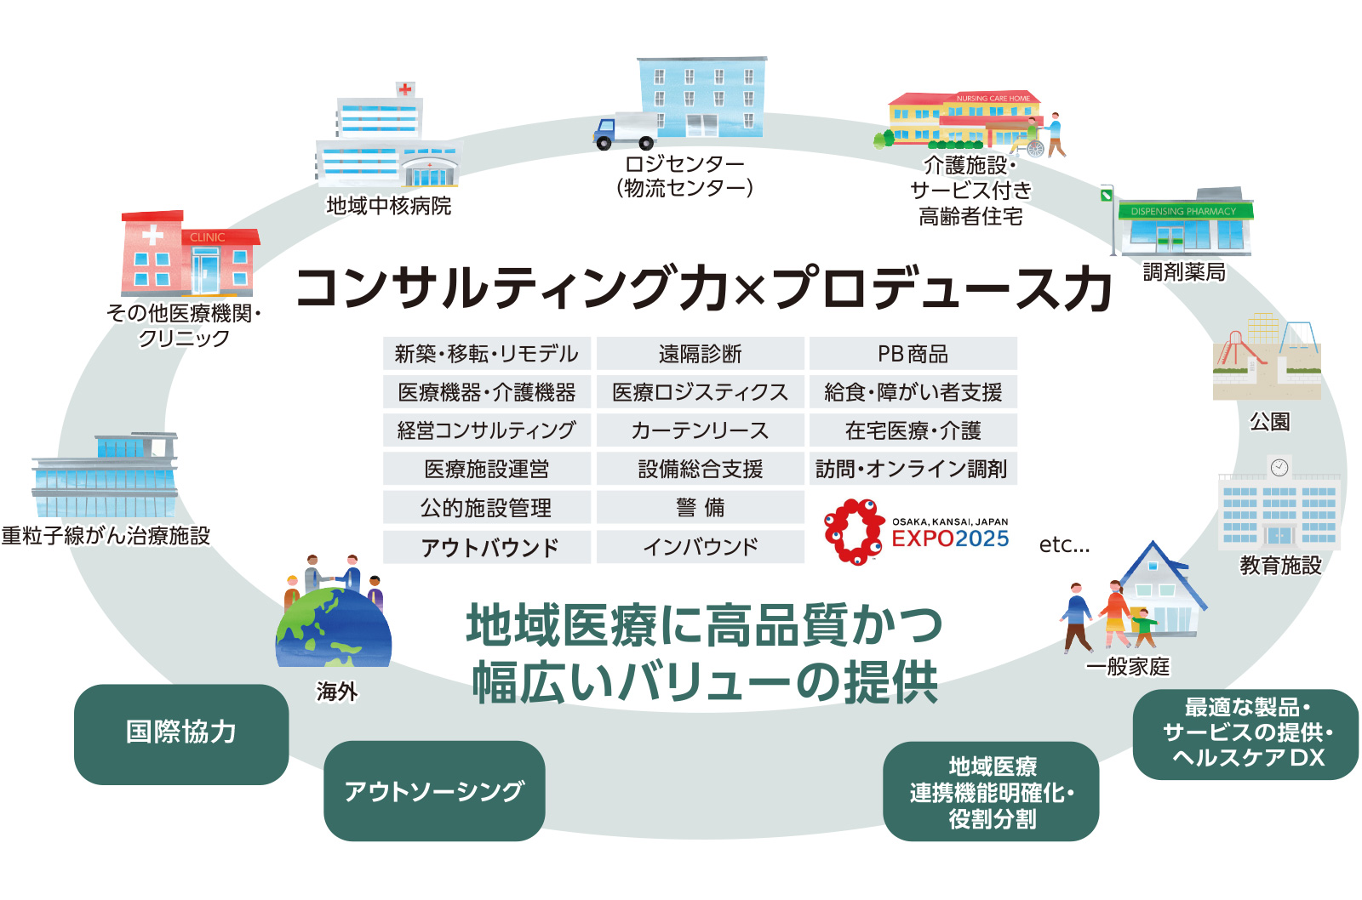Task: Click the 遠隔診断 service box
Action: [701, 354]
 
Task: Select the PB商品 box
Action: [913, 354]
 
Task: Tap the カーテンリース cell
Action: [701, 430]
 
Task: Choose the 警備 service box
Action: [701, 507]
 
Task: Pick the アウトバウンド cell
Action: [487, 547]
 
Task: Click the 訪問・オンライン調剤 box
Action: [913, 468]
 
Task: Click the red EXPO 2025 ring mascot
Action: [855, 532]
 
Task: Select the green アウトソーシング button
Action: [434, 790]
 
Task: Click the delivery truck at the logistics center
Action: [625, 131]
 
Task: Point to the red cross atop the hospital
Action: [405, 89]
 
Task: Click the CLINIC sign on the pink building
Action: [208, 237]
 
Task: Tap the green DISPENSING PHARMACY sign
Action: [1183, 212]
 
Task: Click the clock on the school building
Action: [1279, 467]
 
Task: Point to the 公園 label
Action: [1269, 421]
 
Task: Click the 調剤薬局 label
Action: [1184, 271]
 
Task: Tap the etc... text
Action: [1064, 544]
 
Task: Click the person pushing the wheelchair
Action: [1056, 134]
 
